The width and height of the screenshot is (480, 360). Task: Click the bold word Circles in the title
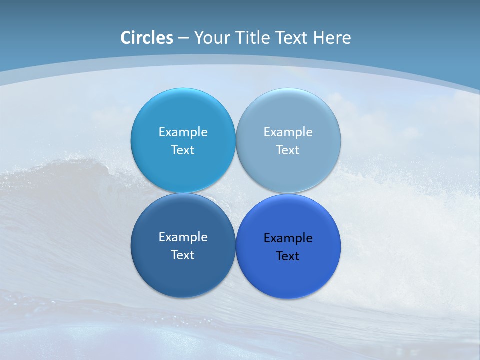(x=147, y=38)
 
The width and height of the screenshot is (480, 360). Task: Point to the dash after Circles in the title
(x=183, y=38)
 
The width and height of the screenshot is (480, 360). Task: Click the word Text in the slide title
(x=292, y=38)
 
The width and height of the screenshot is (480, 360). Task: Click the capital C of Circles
(x=126, y=38)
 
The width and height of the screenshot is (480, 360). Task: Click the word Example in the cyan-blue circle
(x=183, y=132)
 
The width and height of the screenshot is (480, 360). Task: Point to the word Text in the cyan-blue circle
(x=183, y=150)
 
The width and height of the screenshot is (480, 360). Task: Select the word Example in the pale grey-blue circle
(x=288, y=132)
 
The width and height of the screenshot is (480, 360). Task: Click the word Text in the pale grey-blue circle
(x=288, y=150)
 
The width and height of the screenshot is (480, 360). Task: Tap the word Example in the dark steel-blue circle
(x=183, y=237)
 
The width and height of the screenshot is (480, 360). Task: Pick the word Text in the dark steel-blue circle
(x=183, y=255)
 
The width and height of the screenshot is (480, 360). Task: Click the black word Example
(x=288, y=238)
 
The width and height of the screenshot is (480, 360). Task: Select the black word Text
(x=288, y=256)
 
